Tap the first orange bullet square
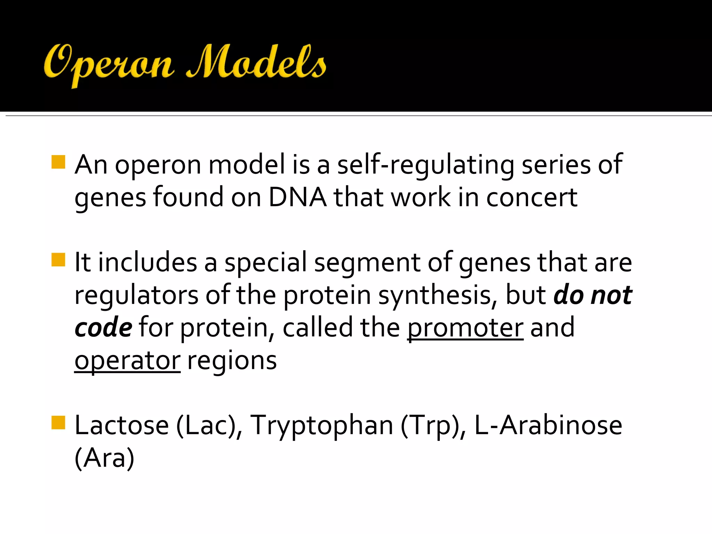pos(58,162)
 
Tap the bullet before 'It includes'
pos(58,260)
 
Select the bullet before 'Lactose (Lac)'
pos(58,423)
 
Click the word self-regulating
pos(426,165)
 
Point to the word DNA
pos(297,197)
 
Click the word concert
pos(532,197)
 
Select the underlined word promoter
pos(465,328)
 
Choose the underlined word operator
pos(127,361)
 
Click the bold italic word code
pos(103,328)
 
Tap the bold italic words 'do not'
pos(592,295)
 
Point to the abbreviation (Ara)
pos(104,458)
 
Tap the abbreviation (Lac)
pos(209,426)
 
